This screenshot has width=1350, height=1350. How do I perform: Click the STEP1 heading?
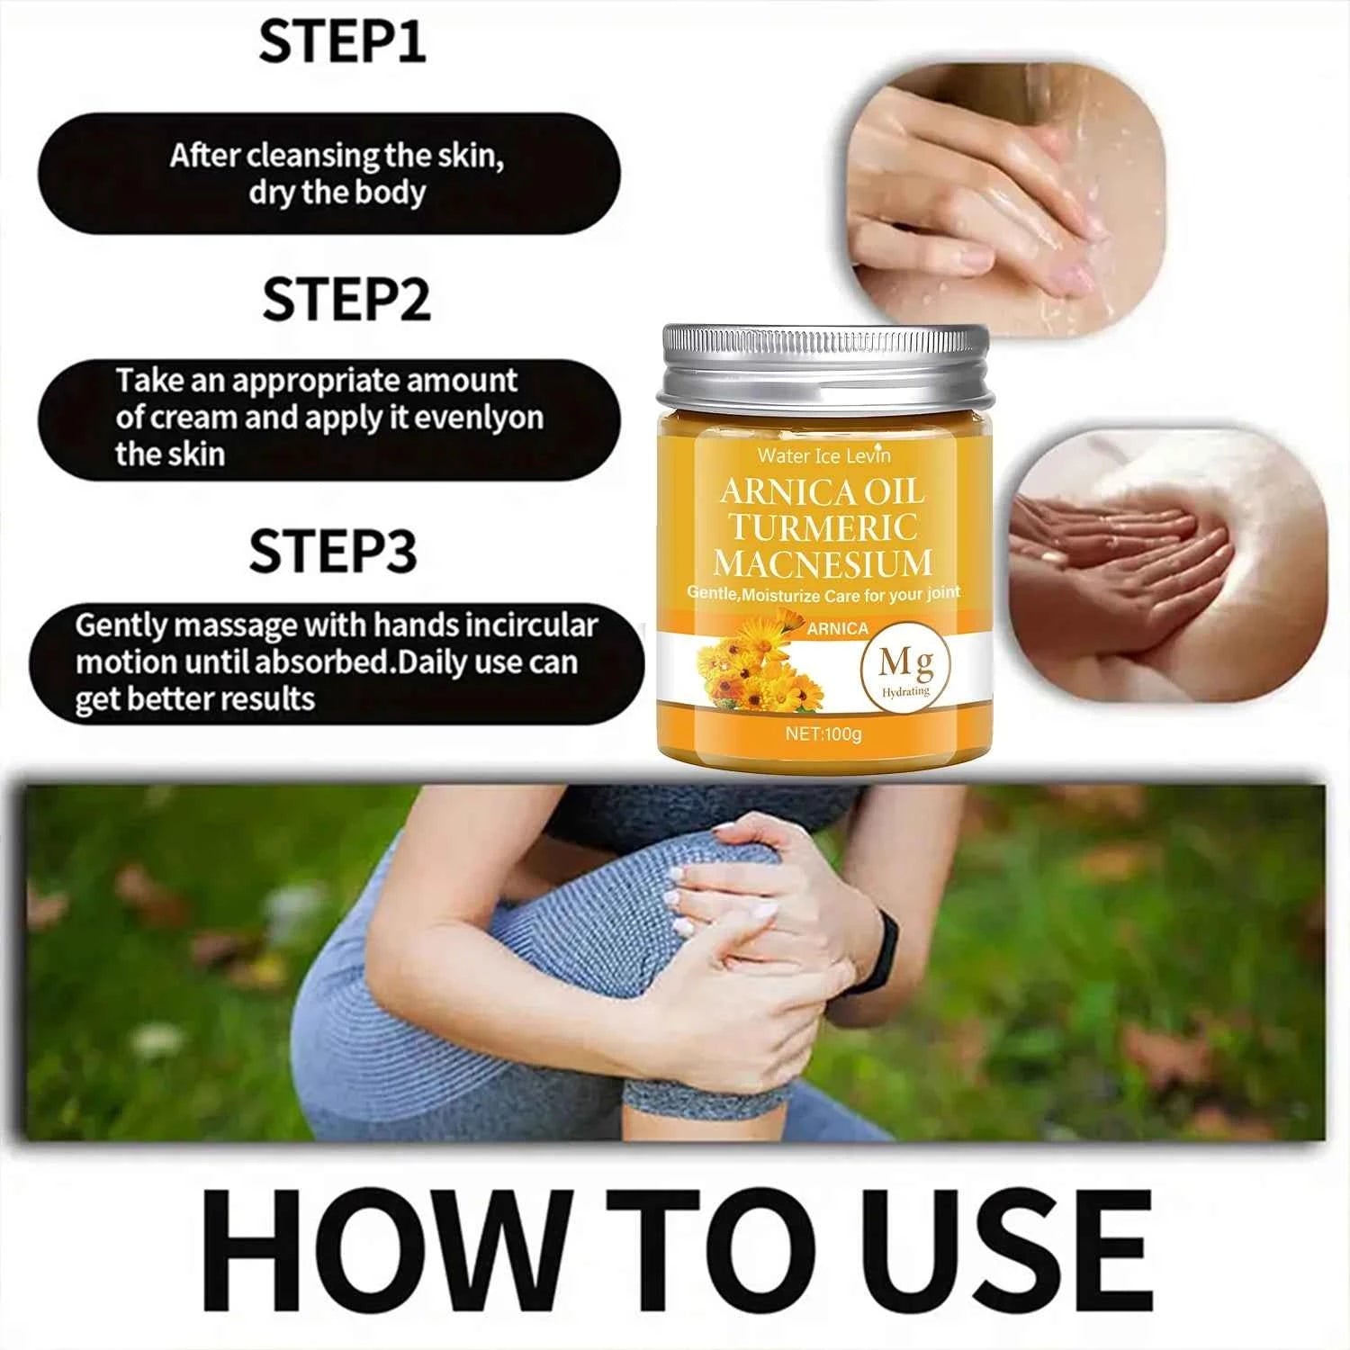[342, 41]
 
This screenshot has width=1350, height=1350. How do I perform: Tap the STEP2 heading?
[346, 300]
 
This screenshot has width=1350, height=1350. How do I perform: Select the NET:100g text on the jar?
[823, 733]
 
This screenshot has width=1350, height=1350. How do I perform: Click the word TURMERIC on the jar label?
[823, 527]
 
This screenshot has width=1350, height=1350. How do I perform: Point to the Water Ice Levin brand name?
[823, 455]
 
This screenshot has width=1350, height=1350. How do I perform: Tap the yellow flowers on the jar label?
[756, 666]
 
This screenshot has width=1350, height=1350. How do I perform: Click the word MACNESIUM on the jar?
[823, 563]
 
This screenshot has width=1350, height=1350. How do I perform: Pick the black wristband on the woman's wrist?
[877, 950]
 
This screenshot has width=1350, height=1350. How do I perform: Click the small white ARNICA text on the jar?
[837, 629]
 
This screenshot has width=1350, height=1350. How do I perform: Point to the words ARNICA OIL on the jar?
[823, 492]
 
